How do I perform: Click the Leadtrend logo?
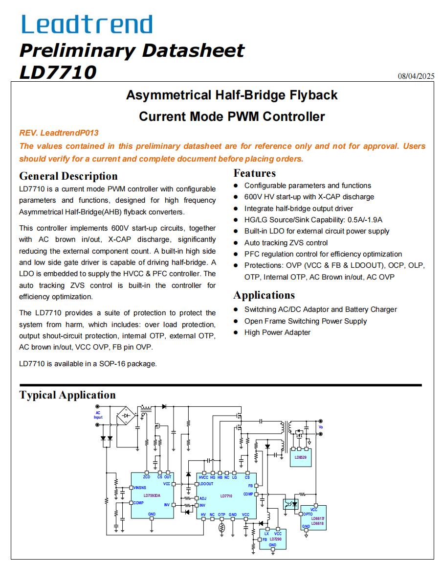[87, 24]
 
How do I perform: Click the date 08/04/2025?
[416, 76]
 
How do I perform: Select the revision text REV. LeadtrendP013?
[59, 133]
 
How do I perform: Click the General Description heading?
[68, 176]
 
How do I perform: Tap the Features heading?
[255, 173]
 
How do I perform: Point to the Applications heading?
[264, 295]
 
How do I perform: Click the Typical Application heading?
[67, 395]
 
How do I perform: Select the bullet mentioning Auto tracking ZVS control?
[286, 243]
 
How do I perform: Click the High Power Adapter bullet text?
[277, 332]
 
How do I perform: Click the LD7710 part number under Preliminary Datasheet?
[58, 72]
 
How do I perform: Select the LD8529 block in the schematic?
[301, 457]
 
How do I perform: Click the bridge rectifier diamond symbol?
[127, 416]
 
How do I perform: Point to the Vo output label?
[321, 427]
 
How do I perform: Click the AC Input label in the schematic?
[98, 415]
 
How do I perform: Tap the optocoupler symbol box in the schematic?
[291, 504]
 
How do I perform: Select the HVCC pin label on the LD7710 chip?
[203, 477]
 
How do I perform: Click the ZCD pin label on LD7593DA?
[147, 477]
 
